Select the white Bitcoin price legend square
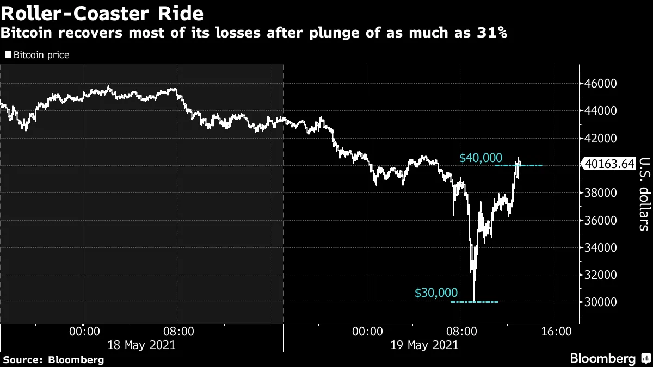tap(8, 55)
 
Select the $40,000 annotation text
tap(480, 158)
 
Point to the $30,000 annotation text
tap(436, 293)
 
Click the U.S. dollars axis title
tap(644, 194)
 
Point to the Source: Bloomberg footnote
tap(53, 359)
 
